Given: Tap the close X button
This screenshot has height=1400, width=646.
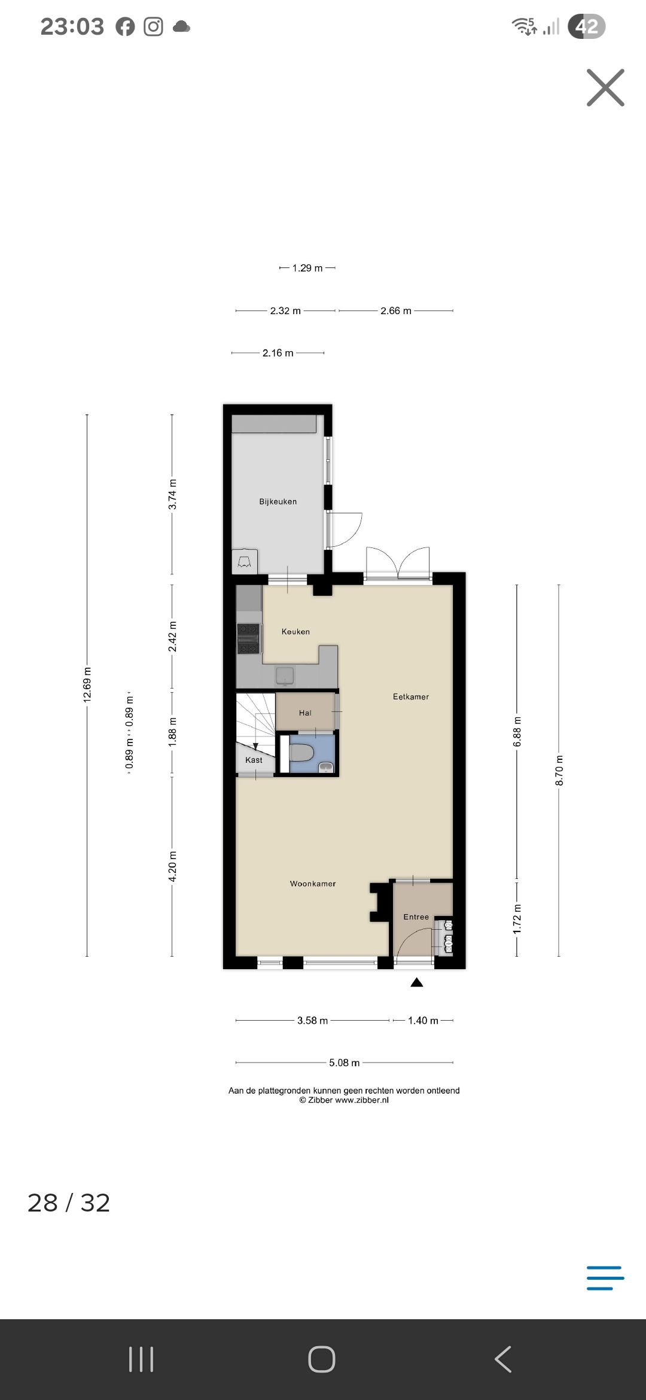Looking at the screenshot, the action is pyautogui.click(x=605, y=88).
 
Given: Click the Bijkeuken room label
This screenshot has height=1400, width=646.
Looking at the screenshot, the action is pyautogui.click(x=278, y=501).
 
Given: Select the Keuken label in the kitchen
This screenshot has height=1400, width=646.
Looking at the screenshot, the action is pyautogui.click(x=295, y=631).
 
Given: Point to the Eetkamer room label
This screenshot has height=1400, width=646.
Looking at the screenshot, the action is pyautogui.click(x=411, y=696).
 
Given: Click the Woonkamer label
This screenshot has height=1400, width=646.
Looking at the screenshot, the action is pyautogui.click(x=313, y=883).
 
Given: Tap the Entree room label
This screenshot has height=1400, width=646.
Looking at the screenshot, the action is pyautogui.click(x=416, y=917).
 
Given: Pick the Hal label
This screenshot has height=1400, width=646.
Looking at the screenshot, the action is pyautogui.click(x=305, y=713).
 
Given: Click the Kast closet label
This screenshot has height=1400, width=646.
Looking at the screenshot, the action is pyautogui.click(x=254, y=760).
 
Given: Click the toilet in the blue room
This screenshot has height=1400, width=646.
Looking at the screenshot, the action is pyautogui.click(x=301, y=753).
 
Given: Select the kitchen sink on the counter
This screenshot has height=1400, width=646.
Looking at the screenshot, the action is pyautogui.click(x=285, y=675).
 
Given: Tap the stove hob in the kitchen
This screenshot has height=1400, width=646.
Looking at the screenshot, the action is pyautogui.click(x=249, y=638).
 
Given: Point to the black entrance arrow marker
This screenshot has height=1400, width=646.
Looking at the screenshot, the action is pyautogui.click(x=417, y=982).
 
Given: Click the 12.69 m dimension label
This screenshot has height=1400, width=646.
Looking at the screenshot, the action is pyautogui.click(x=87, y=684).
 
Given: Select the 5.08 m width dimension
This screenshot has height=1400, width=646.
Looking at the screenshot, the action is pyautogui.click(x=345, y=1063).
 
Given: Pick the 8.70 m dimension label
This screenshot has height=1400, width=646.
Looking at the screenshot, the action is pyautogui.click(x=559, y=771).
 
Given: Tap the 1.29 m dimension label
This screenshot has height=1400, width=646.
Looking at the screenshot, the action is pyautogui.click(x=307, y=268).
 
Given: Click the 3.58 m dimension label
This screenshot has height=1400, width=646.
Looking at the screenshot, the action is pyautogui.click(x=313, y=1020).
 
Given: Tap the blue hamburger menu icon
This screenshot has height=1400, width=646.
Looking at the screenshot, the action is pyautogui.click(x=605, y=1277).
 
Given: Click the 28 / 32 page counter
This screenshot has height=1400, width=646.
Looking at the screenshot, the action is pyautogui.click(x=69, y=1203).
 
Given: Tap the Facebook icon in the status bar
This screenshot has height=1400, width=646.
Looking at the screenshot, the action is pyautogui.click(x=125, y=27).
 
